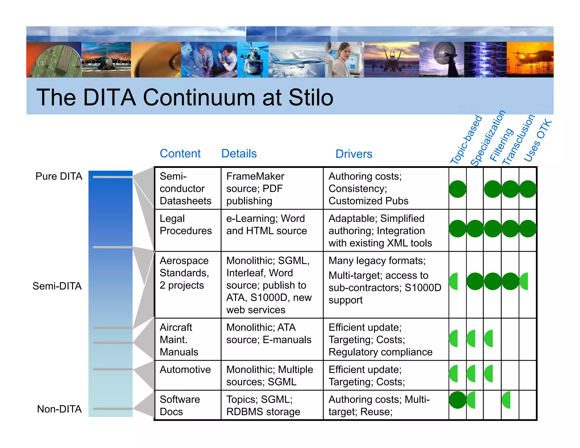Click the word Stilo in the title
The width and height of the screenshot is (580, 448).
pyautogui.click(x=311, y=97)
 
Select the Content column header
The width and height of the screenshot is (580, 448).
pyautogui.click(x=180, y=153)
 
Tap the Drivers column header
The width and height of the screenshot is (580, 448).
pyautogui.click(x=354, y=154)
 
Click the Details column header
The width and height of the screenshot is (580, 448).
pyautogui.click(x=239, y=153)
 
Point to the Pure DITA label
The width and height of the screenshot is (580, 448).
pyautogui.click(x=59, y=176)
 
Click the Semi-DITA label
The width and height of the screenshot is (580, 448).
pyautogui.click(x=57, y=286)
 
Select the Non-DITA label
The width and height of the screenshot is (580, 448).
pyautogui.click(x=59, y=409)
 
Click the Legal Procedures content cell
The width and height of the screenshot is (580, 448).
pyautogui.click(x=185, y=225)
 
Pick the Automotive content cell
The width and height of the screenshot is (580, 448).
pyautogui.click(x=185, y=370)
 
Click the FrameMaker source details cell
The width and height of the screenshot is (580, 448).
pyautogui.click(x=255, y=188)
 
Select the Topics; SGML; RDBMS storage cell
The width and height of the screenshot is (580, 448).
pyautogui.click(x=263, y=405)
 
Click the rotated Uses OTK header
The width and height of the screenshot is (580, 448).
pyautogui.click(x=537, y=141)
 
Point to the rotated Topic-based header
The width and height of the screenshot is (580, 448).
pyautogui.click(x=466, y=139)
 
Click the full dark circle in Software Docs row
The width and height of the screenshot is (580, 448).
pyautogui.click(x=457, y=400)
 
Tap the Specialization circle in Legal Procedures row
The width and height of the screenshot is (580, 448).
pyautogui.click(x=475, y=229)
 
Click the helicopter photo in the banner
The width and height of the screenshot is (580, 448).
pyautogui.click(x=252, y=59)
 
